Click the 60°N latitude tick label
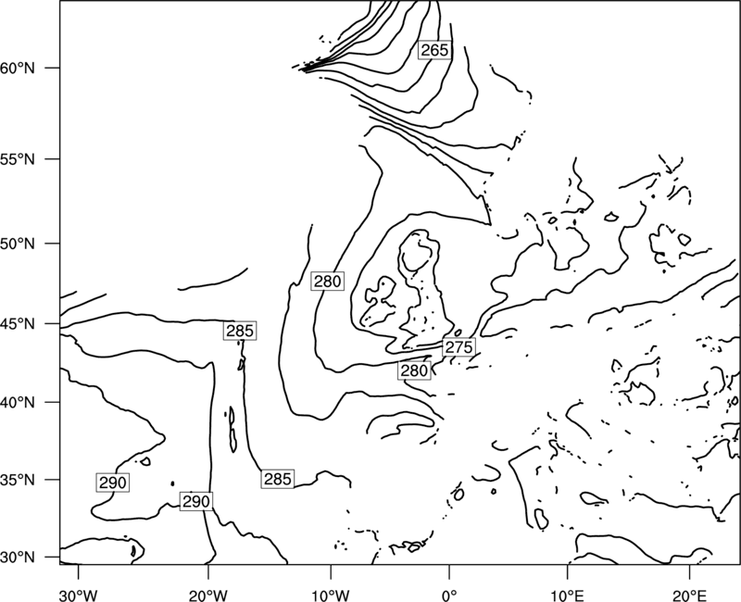(18, 68)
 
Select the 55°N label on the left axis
(18, 159)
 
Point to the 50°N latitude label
(18, 244)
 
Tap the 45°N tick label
(18, 323)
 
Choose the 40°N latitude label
(18, 402)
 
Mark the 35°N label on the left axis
(18, 480)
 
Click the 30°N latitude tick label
(18, 558)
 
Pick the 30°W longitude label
(79, 595)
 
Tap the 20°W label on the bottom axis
(208, 595)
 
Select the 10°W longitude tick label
(331, 595)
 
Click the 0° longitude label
(449, 595)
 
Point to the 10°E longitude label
(567, 595)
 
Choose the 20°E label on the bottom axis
(689, 595)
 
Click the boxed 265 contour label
(434, 50)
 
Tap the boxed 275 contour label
(458, 346)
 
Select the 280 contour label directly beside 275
(414, 370)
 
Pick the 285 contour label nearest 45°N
(240, 331)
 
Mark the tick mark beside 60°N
(53, 68)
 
